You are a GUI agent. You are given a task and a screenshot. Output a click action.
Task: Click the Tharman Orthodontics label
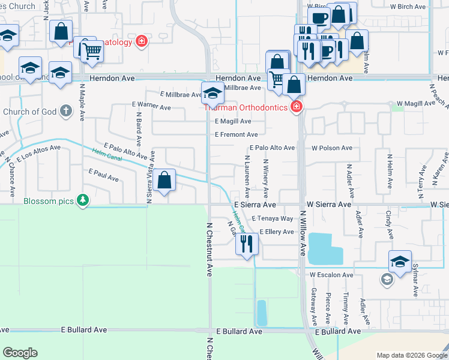click(247, 107)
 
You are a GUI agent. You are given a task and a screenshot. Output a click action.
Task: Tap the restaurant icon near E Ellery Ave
click(247, 244)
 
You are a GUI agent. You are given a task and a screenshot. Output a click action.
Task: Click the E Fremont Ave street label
click(236, 134)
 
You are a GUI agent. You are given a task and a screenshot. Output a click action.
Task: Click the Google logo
click(20, 353)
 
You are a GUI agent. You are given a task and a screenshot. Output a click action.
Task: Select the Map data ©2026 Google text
click(411, 355)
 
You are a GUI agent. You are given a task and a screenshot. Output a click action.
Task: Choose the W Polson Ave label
click(331, 148)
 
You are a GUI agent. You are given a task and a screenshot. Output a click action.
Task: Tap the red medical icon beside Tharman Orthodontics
click(295, 107)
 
